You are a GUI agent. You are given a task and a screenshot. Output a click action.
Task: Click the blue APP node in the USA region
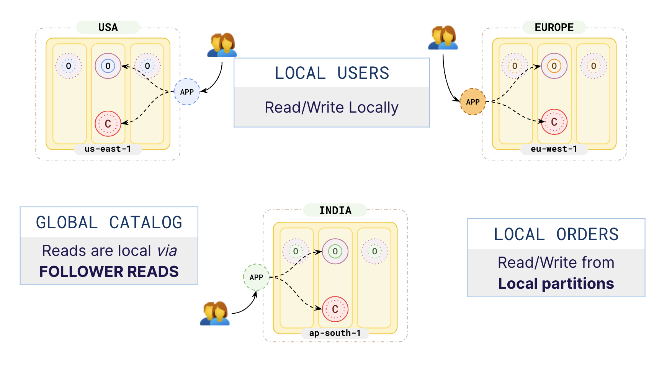pos(187,92)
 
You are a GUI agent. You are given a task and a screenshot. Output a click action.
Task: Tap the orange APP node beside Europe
pos(472,102)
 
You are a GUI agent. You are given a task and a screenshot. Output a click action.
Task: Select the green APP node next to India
pos(256,277)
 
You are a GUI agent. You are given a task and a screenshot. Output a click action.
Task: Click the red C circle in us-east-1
pos(108,124)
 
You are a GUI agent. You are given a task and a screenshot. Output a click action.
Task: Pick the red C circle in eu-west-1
pos(554,122)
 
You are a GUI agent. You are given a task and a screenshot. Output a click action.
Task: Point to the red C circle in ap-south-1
pos(335,309)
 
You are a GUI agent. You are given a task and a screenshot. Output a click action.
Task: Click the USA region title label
pos(108,28)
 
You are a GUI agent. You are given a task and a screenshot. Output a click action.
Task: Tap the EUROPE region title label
pos(554,28)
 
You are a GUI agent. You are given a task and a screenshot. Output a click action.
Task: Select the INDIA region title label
pos(335,210)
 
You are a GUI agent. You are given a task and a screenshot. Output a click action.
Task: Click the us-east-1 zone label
pos(108,149)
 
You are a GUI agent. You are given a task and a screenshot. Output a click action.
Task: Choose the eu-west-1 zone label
pos(554,149)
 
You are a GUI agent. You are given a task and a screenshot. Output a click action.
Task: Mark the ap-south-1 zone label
pos(335,333)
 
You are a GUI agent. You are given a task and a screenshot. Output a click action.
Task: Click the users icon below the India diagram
pos(215,313)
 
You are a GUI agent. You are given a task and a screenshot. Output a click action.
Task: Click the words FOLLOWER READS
pos(109,272)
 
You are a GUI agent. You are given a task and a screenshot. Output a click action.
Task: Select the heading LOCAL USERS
pos(332,73)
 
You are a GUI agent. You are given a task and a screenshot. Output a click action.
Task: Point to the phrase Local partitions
pos(556,283)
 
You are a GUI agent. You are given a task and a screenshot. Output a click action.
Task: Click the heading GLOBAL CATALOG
pos(109,223)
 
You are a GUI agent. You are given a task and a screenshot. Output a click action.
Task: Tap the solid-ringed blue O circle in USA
pos(108,66)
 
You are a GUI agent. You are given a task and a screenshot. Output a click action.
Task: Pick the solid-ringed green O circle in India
pos(335,251)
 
